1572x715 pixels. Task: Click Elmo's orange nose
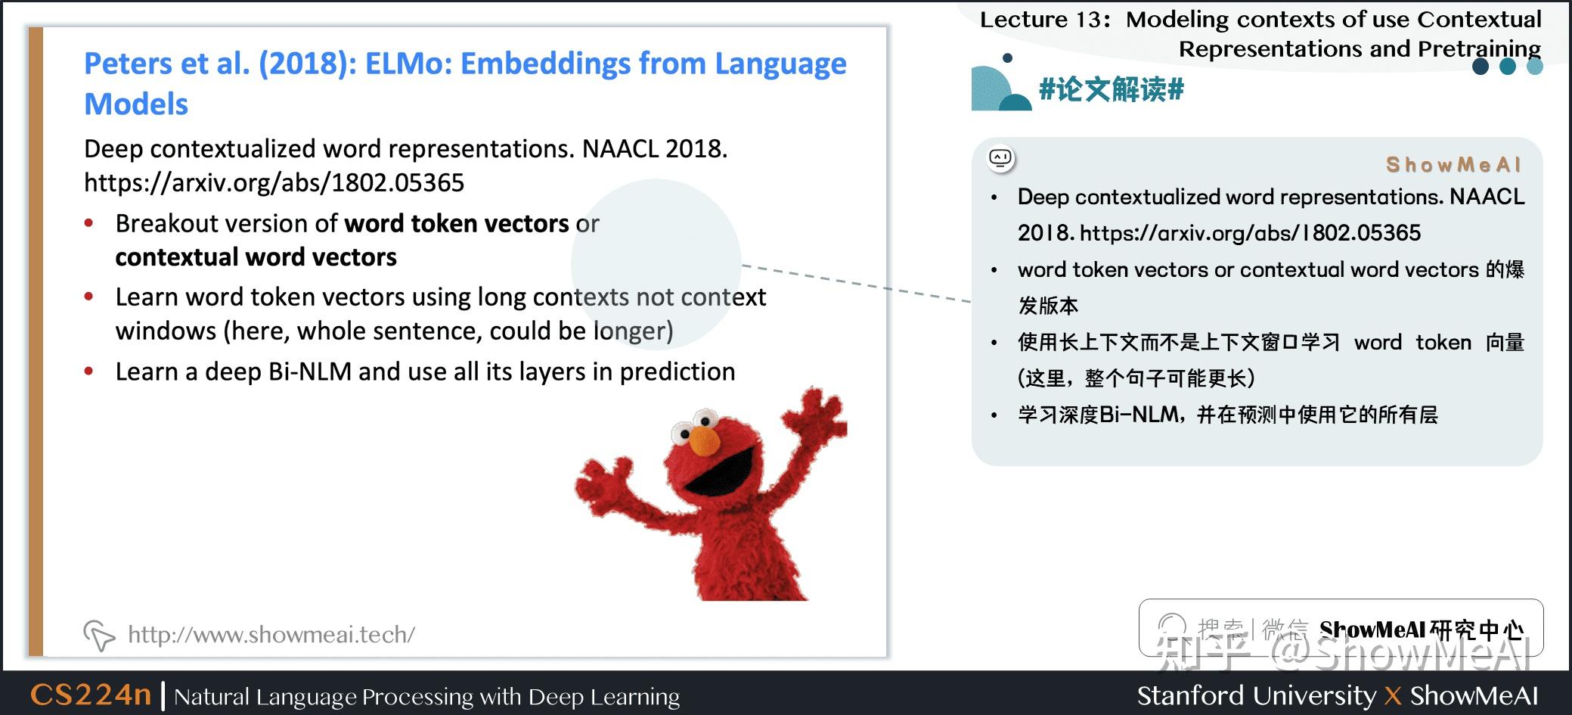pos(705,440)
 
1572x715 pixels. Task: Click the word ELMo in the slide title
pos(408,64)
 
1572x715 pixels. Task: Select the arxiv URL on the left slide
pos(274,182)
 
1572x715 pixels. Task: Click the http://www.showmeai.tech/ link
pos(271,634)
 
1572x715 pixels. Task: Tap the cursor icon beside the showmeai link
pos(98,635)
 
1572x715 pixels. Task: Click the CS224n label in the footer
pos(91,695)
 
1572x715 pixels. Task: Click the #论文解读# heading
pos(1111,89)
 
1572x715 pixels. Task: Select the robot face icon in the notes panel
pos(1001,159)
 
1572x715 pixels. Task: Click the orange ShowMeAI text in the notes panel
pos(1453,164)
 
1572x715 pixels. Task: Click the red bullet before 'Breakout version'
pos(89,223)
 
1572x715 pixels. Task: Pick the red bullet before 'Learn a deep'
pos(89,371)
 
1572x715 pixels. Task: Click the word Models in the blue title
pos(136,104)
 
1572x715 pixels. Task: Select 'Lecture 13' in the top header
pos(1040,20)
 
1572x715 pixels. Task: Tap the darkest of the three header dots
pos(1481,67)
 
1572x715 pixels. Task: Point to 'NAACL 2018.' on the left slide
pos(655,148)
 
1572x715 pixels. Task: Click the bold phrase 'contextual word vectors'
pos(256,257)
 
